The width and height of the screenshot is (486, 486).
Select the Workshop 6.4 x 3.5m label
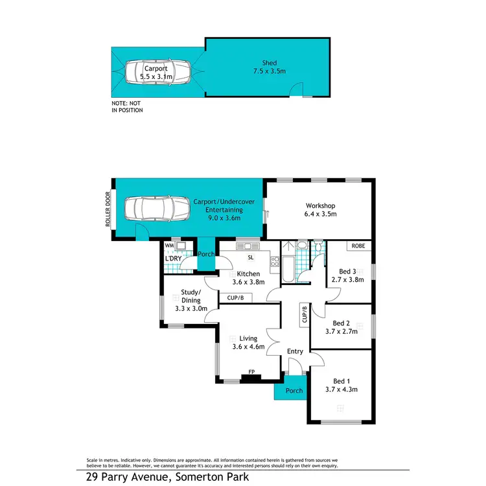coord(321,209)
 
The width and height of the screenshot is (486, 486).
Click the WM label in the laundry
coord(168,246)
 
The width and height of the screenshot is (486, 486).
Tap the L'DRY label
coord(173,259)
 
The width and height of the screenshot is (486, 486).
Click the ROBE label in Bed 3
coord(358,246)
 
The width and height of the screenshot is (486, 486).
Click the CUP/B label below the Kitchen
coord(235,298)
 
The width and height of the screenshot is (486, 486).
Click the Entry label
coord(295,351)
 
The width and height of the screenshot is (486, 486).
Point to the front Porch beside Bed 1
coord(290,391)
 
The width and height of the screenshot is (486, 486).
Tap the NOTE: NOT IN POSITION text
coord(127,106)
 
